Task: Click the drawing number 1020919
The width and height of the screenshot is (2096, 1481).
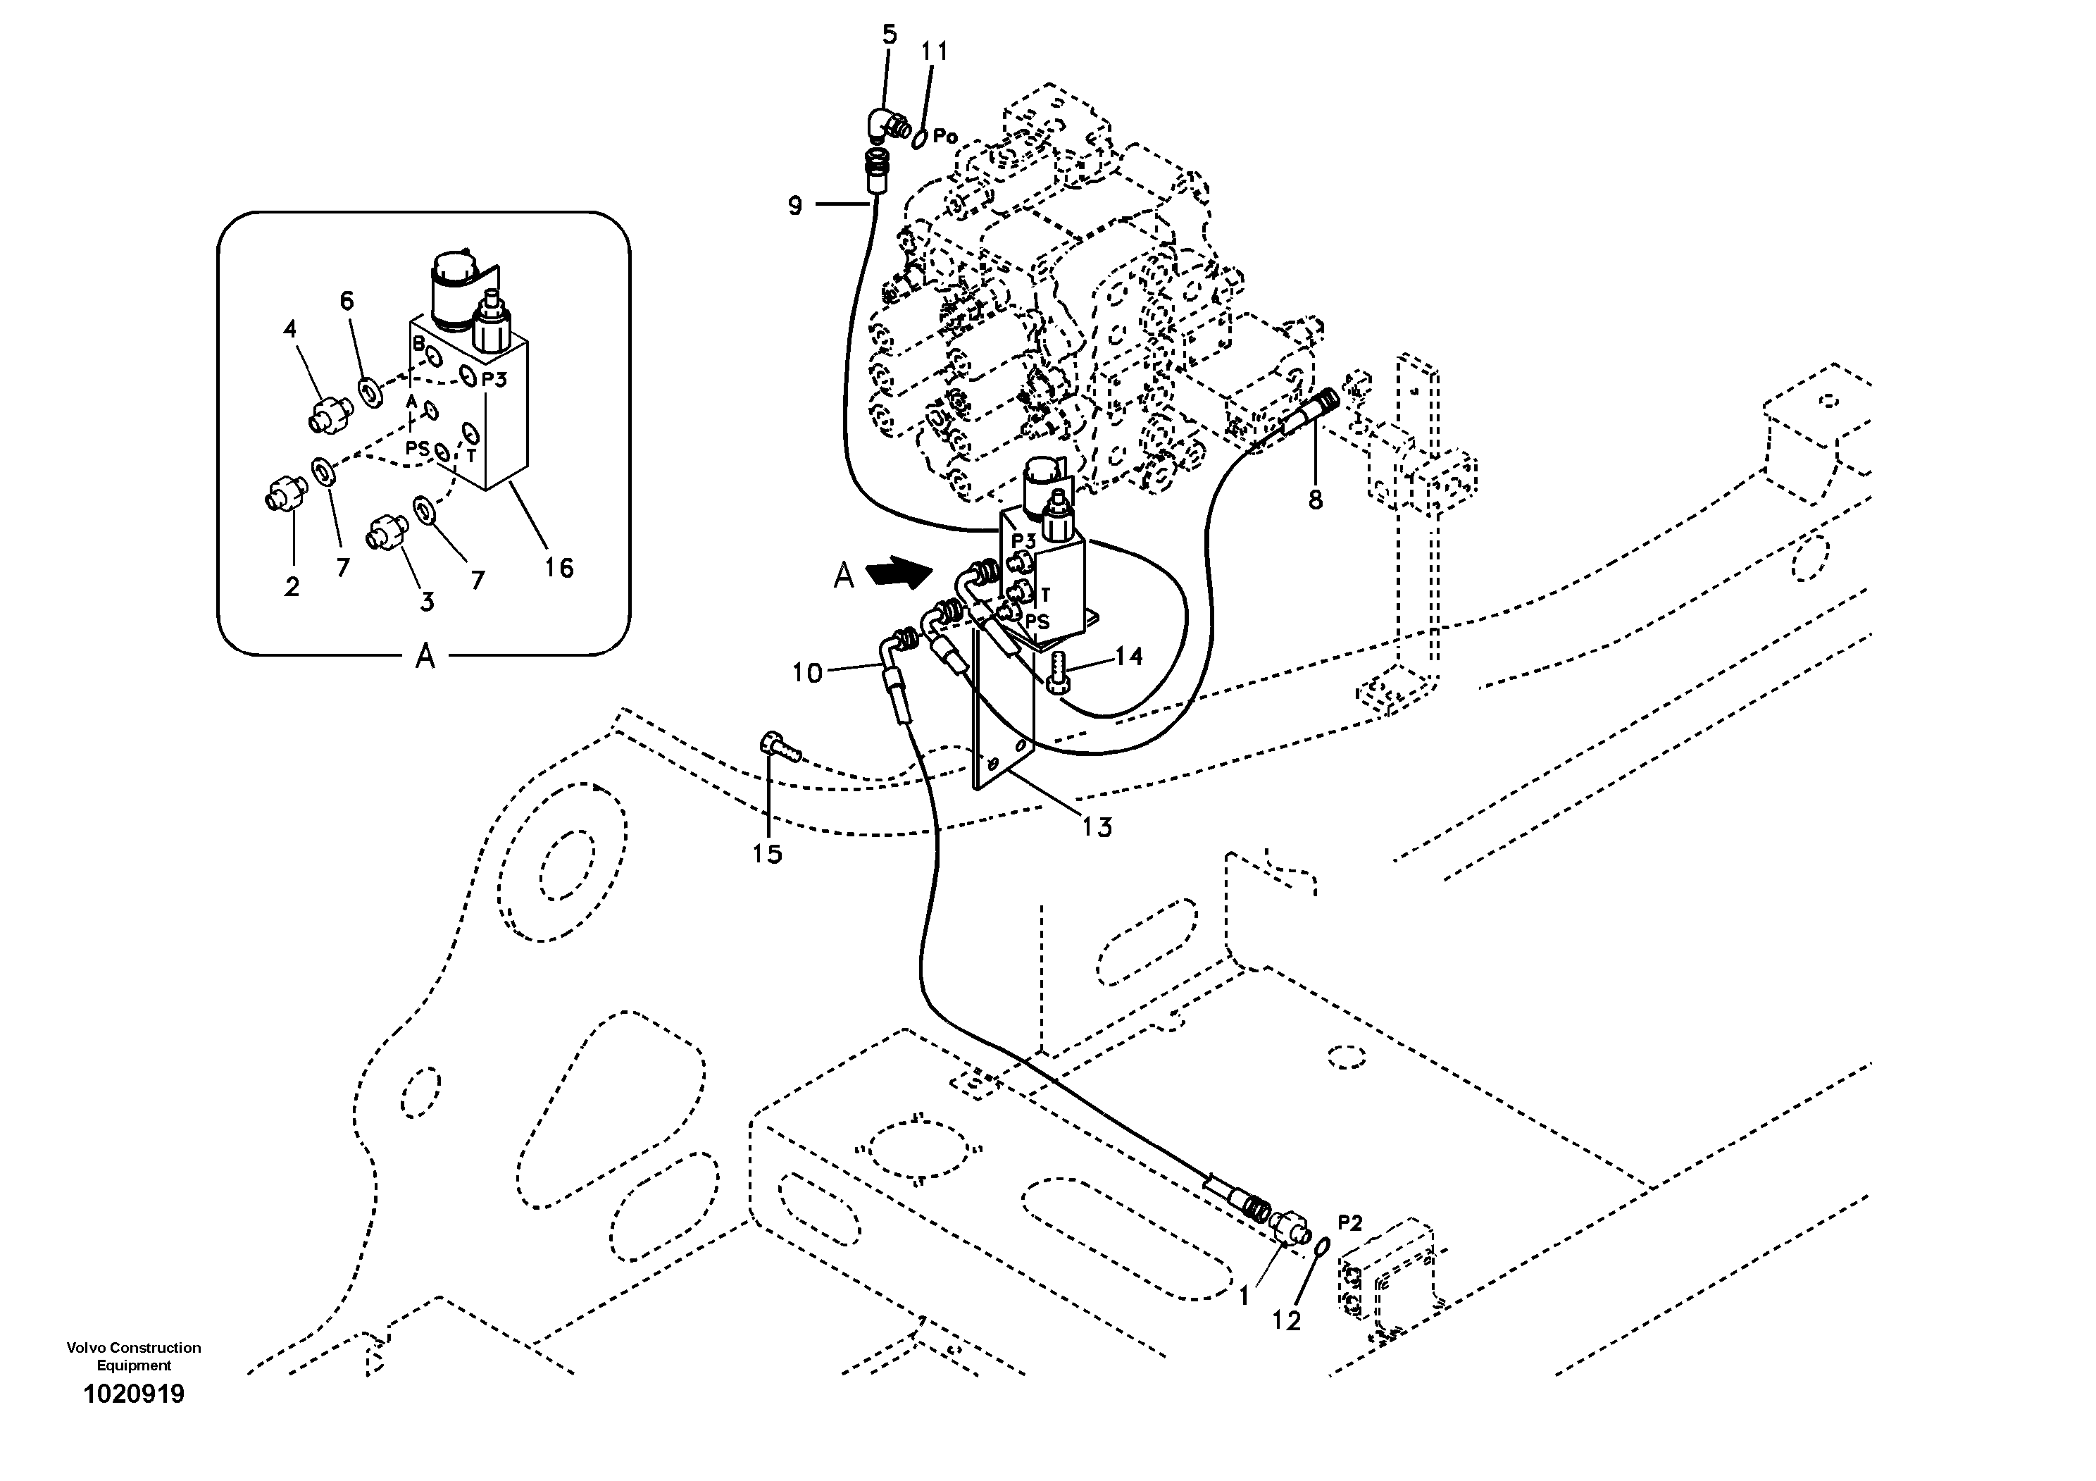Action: pos(133,1394)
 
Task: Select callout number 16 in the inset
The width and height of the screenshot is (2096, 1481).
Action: pos(559,568)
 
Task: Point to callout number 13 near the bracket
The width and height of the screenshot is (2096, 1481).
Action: pos(1097,827)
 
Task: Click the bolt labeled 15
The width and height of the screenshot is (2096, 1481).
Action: pos(777,749)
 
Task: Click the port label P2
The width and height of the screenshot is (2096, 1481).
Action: pos(1349,1222)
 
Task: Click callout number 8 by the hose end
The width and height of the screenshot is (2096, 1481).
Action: pos(1314,500)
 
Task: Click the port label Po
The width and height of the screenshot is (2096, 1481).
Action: pos(945,136)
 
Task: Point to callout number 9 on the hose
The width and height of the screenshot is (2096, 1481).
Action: pos(795,206)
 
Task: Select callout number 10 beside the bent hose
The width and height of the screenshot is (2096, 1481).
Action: pos(807,674)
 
